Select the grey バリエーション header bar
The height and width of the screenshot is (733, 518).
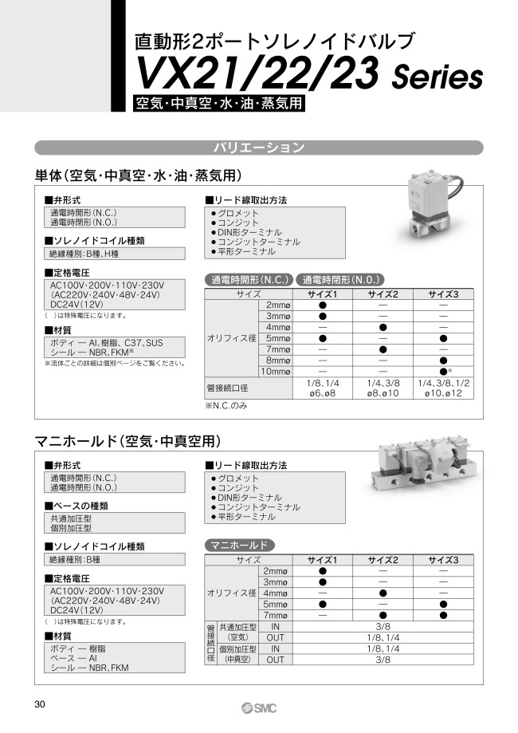[258, 148]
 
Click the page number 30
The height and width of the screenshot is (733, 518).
[40, 704]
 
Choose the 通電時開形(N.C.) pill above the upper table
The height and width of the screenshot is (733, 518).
[249, 280]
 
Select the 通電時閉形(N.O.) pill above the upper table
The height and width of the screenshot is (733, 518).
[340, 280]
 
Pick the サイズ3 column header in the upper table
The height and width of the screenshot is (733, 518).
[444, 294]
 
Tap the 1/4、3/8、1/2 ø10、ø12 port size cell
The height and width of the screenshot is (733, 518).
[444, 388]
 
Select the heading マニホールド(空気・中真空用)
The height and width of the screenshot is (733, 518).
[128, 441]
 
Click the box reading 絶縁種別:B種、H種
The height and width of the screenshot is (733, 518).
[115, 254]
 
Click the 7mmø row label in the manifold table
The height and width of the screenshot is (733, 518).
[275, 615]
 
